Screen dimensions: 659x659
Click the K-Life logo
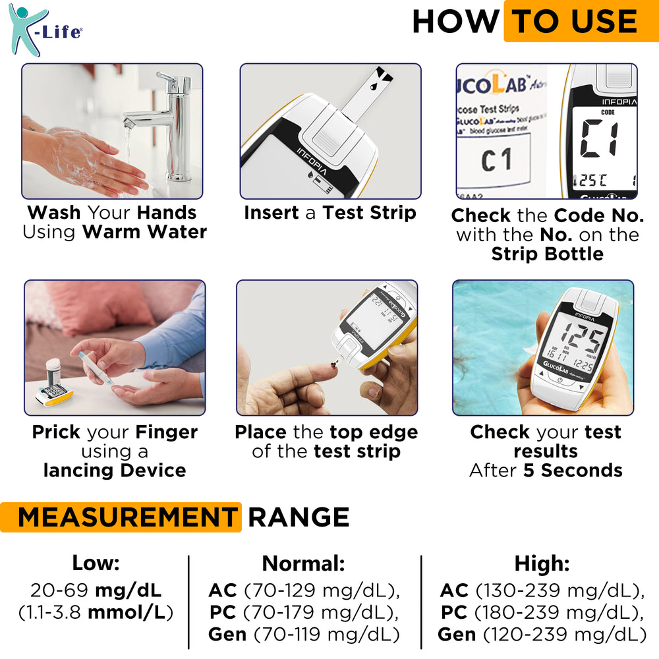click(x=44, y=30)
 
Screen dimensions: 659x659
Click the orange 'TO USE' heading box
click(x=580, y=22)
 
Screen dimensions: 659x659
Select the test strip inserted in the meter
click(x=368, y=92)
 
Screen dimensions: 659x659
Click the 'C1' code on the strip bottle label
click(x=496, y=160)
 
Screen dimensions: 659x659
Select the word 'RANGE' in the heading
click(x=298, y=517)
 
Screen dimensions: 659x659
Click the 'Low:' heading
click(x=96, y=563)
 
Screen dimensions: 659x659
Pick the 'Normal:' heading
click(x=304, y=563)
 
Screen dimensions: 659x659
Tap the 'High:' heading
click(x=542, y=563)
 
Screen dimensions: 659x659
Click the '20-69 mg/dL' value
click(x=96, y=590)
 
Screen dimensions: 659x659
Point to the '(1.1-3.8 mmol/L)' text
click(x=96, y=612)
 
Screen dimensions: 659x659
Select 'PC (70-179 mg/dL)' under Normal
click(x=304, y=612)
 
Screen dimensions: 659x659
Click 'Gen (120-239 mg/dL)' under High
click(x=542, y=635)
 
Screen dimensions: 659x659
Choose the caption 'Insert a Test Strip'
click(x=330, y=213)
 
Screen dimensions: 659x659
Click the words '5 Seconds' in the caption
click(x=573, y=471)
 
